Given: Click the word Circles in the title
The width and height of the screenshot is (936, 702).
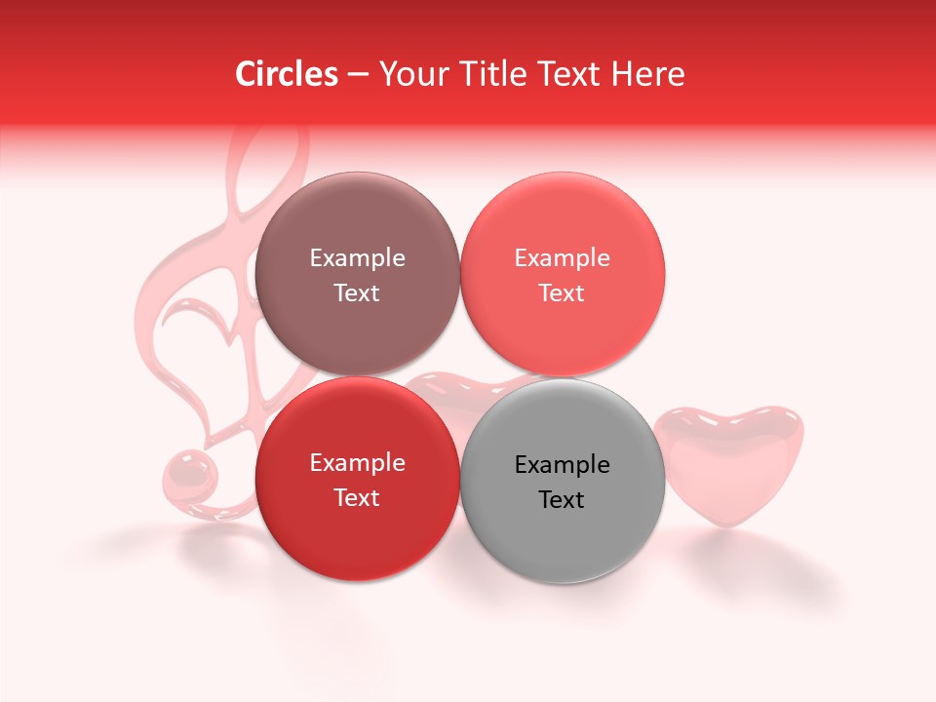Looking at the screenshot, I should click(x=287, y=74).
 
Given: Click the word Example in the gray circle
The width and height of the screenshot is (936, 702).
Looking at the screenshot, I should click(x=562, y=465).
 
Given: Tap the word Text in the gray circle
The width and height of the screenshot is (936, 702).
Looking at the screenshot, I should click(x=562, y=500).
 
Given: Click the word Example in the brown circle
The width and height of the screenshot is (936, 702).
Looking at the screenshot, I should click(x=357, y=258).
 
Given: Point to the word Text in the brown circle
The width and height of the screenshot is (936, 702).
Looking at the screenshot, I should click(x=357, y=293).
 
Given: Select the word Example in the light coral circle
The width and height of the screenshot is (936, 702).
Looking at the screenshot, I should click(x=562, y=258).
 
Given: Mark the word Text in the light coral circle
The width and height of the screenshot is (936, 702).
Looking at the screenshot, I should click(x=562, y=293).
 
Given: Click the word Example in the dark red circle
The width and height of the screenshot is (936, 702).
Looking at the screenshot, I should click(x=357, y=463).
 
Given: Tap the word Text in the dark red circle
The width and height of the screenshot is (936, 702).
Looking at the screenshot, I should click(x=357, y=498).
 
